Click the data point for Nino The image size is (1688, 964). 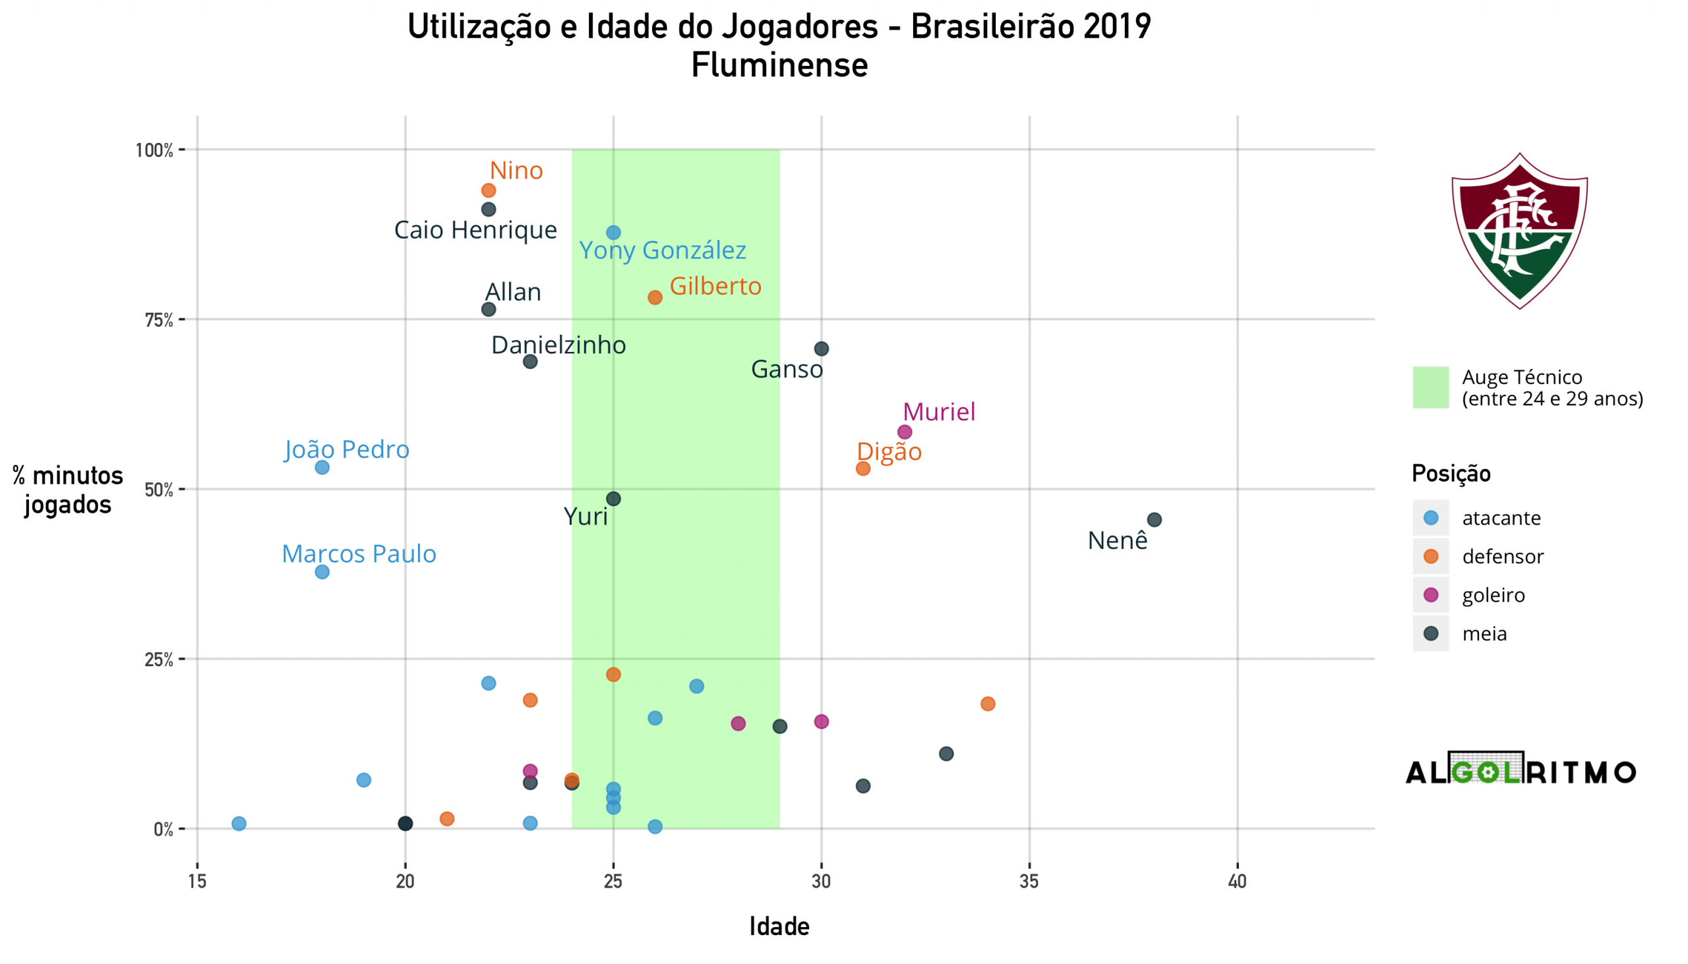(x=488, y=190)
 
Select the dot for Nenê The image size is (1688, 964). (x=1154, y=520)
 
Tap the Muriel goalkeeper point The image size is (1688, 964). (x=904, y=432)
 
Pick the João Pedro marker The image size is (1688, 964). (x=322, y=467)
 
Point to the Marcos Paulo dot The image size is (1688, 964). (x=322, y=572)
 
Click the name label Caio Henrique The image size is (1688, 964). (x=475, y=230)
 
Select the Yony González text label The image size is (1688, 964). (x=663, y=250)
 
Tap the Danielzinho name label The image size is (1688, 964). (x=558, y=345)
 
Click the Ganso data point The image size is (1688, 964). (x=821, y=349)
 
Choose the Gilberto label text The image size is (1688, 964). (x=715, y=286)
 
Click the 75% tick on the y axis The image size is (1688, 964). (x=159, y=320)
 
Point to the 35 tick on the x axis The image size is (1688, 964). (x=1029, y=882)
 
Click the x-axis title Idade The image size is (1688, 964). (x=779, y=926)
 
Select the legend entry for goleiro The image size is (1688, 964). (x=1493, y=595)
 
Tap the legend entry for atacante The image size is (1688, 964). (x=1501, y=518)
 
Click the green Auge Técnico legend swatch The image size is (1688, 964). (x=1430, y=387)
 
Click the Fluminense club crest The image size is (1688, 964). (x=1519, y=231)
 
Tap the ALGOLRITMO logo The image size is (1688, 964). (x=1521, y=770)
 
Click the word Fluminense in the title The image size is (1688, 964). (x=779, y=65)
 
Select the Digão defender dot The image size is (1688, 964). (x=862, y=468)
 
